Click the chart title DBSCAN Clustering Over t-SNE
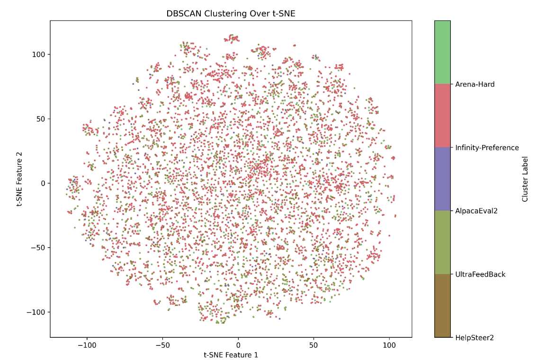231,14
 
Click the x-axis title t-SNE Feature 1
231,354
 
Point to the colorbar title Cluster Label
525,179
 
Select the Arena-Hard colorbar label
474,84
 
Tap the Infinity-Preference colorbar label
487,148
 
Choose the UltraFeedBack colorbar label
480,274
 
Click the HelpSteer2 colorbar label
474,338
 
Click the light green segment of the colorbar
442,52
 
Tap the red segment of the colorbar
442,116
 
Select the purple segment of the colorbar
442,179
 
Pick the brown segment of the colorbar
442,306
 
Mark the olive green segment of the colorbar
442,243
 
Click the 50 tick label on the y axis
41,119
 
